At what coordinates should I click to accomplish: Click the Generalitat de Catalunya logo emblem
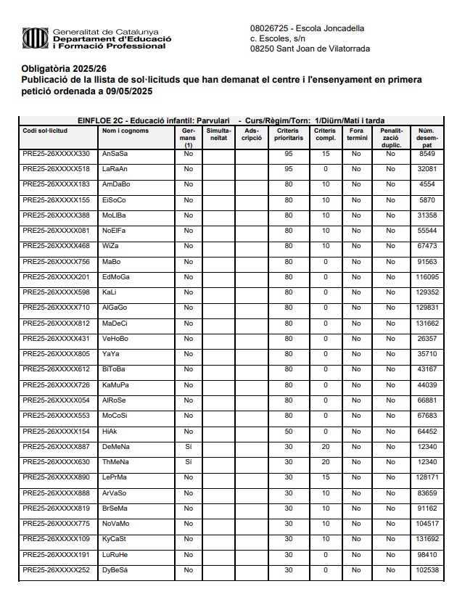[x=36, y=38]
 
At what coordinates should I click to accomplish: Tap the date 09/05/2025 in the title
[x=130, y=92]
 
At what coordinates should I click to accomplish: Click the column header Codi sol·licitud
[x=46, y=130]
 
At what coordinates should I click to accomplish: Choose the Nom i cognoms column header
[x=122, y=130]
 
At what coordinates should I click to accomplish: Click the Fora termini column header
[x=356, y=133]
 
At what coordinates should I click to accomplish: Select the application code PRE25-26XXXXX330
[x=57, y=154]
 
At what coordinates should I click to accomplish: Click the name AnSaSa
[x=114, y=154]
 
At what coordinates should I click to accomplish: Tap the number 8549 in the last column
[x=427, y=154]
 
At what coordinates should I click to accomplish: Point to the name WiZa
[x=110, y=246]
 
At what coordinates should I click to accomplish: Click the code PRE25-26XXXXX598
[x=57, y=292]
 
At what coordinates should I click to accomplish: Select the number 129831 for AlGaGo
[x=427, y=308]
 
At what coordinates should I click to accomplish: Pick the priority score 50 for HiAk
[x=288, y=431]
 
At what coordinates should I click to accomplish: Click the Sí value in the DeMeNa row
[x=189, y=446]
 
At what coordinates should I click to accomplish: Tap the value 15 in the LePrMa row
[x=326, y=477]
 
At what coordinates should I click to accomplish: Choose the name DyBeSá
[x=115, y=569]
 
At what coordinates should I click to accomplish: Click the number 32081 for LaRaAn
[x=427, y=169]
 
